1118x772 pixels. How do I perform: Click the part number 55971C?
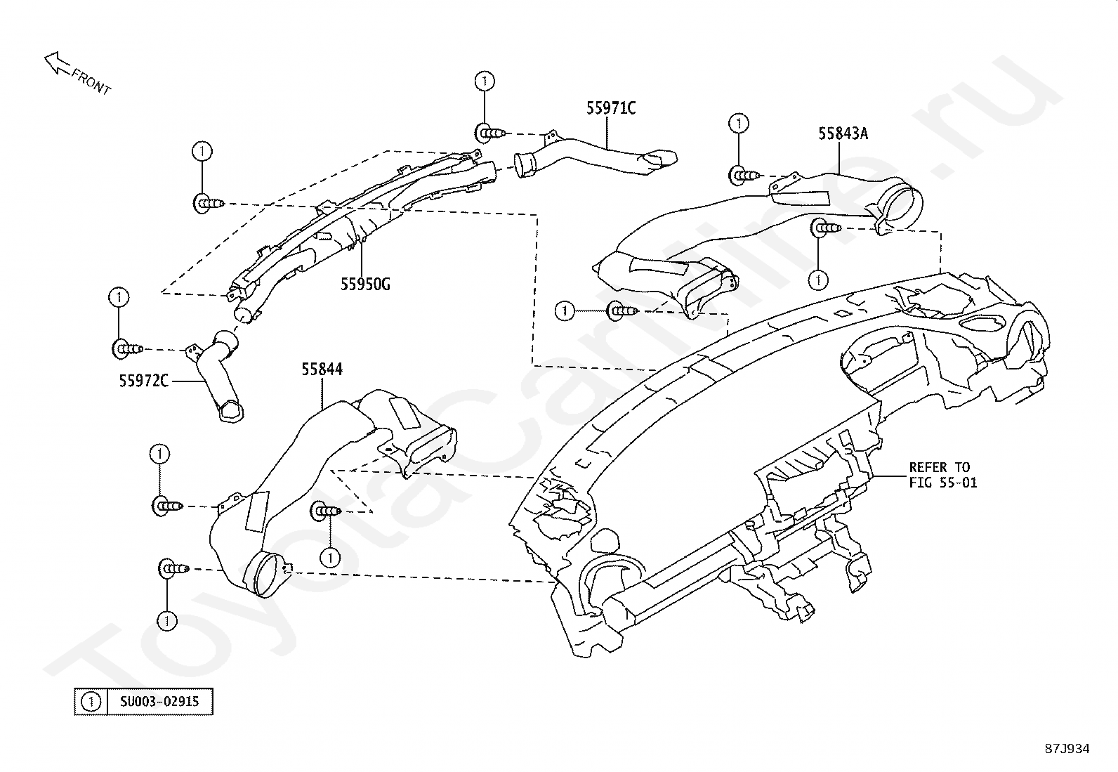point(611,108)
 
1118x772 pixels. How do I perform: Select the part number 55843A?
point(843,133)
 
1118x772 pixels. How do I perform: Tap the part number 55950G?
point(365,284)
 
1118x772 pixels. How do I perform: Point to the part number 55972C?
point(144,381)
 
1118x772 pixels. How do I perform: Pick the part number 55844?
point(322,369)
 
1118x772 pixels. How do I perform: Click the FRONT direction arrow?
point(58,64)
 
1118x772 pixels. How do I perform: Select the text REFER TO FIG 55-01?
point(942,475)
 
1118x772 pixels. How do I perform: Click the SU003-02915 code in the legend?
point(159,702)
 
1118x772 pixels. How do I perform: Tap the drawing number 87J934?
point(1067,749)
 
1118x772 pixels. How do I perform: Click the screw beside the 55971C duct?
point(491,133)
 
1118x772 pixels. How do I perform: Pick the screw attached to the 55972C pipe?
point(128,348)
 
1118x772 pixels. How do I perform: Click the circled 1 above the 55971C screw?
point(484,81)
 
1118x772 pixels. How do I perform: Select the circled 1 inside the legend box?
point(91,702)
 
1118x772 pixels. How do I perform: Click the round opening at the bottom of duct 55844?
point(265,574)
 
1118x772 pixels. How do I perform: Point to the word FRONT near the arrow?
point(91,82)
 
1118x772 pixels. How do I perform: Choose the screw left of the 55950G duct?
point(209,204)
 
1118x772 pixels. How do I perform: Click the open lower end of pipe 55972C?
point(232,410)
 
